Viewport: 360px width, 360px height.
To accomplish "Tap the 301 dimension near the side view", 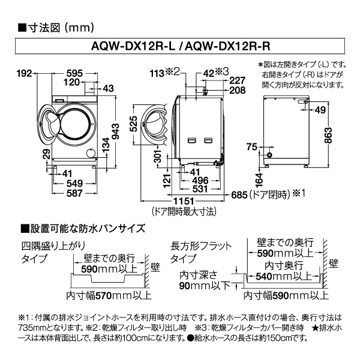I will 158,158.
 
